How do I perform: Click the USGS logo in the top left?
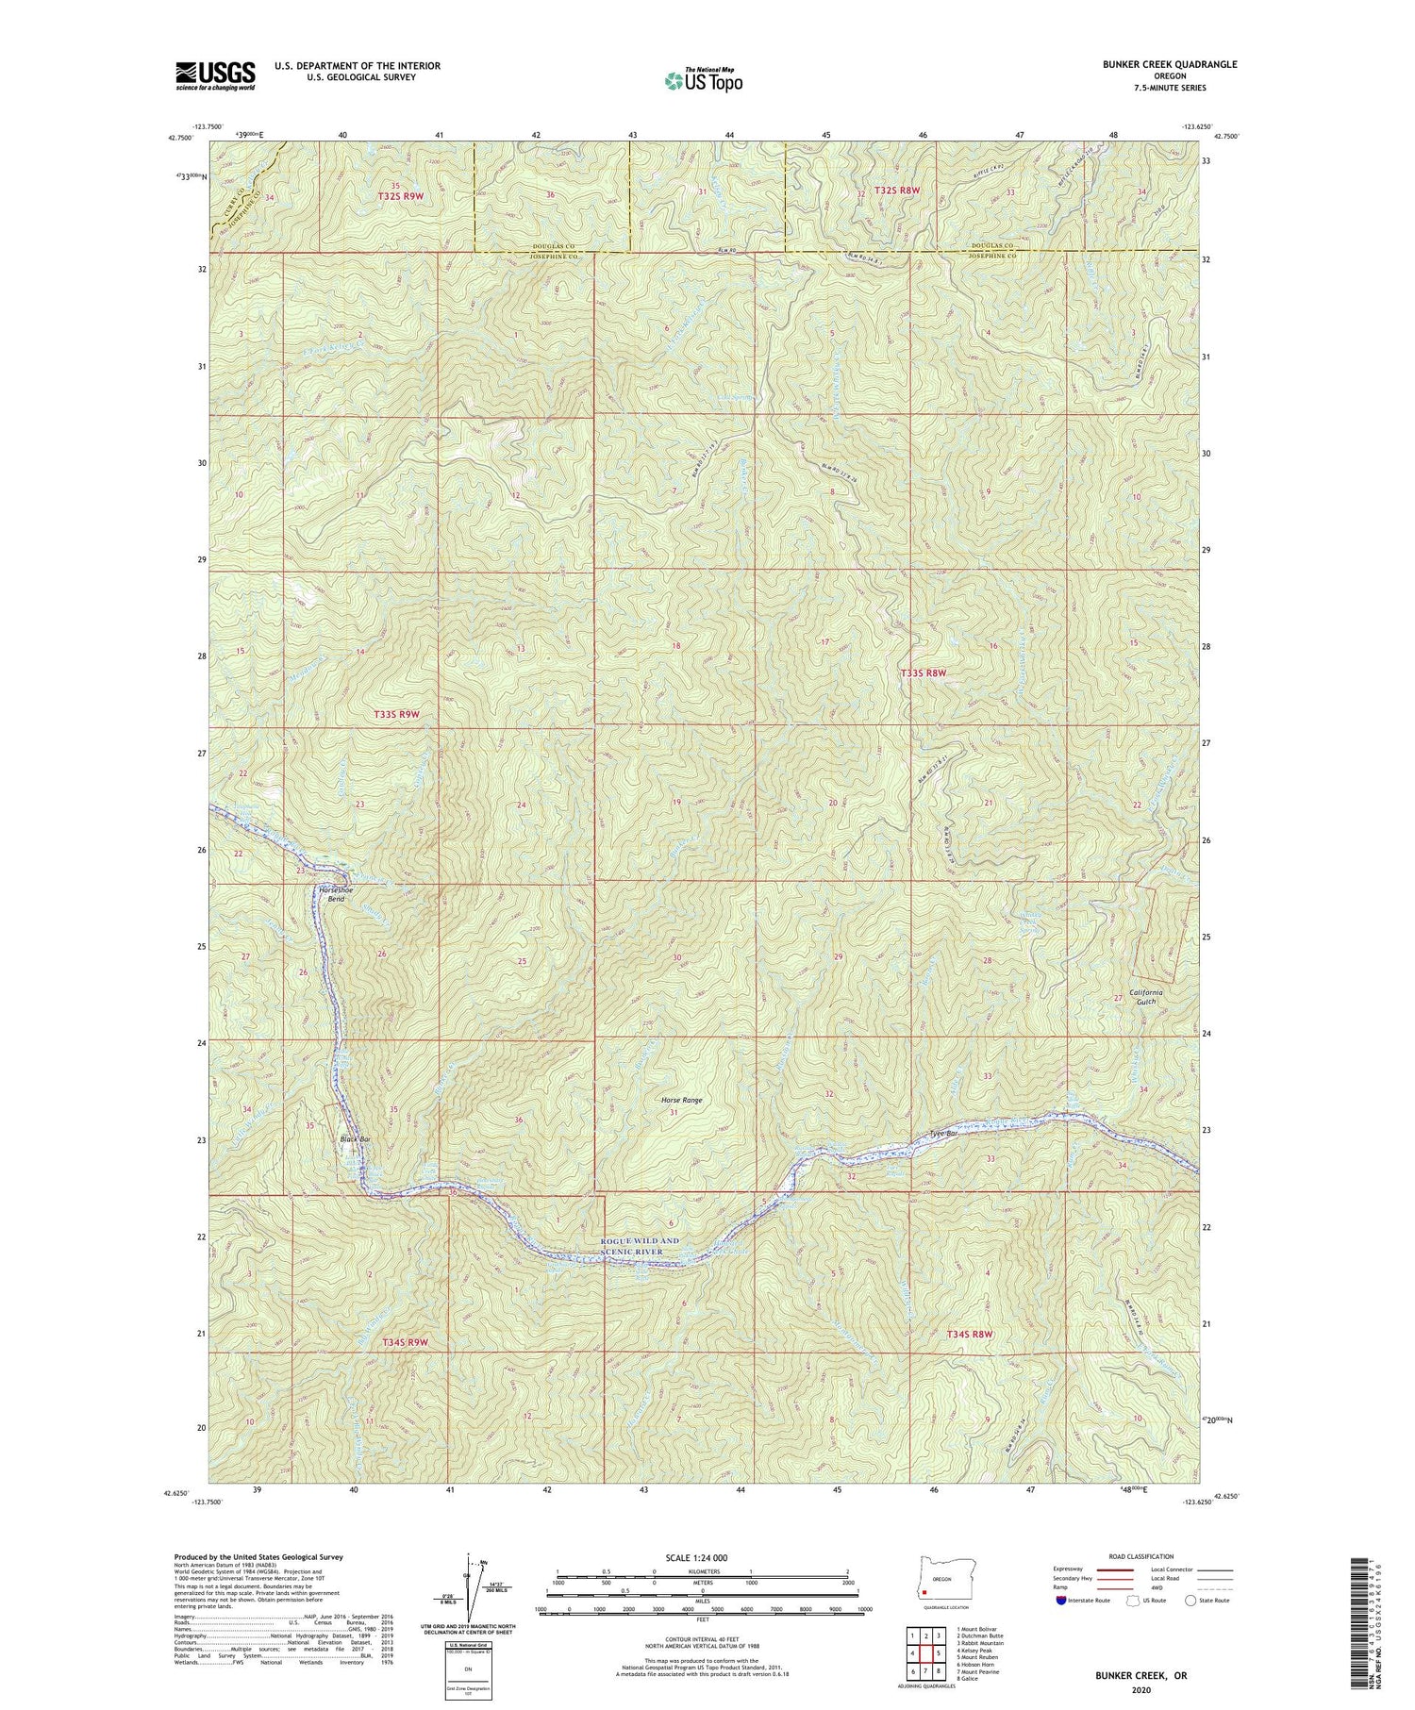(215, 75)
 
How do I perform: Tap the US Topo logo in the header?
(703, 81)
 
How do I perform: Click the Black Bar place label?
(355, 1139)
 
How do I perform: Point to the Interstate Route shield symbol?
(1061, 1601)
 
